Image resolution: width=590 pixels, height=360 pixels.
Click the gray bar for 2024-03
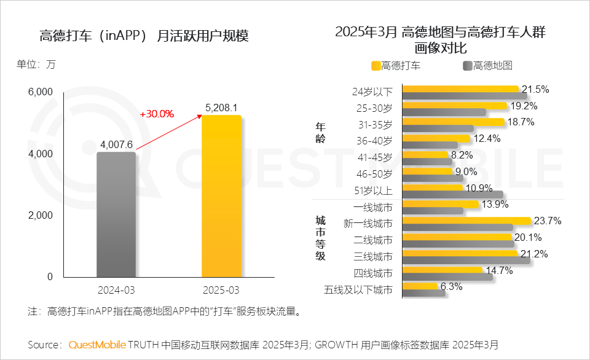[116, 215]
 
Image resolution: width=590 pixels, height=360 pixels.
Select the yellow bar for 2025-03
[221, 197]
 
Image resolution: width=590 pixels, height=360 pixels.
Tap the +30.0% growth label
[157, 114]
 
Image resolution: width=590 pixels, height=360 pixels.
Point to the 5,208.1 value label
[221, 107]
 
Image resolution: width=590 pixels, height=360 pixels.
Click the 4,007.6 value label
[116, 144]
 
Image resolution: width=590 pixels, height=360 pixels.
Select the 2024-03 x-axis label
[116, 289]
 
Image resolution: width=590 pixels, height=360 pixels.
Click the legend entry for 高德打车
[396, 66]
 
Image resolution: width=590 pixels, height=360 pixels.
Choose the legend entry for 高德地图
[487, 66]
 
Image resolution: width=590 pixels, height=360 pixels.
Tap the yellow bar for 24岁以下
[460, 88]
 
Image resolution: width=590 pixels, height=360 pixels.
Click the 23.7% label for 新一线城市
[548, 221]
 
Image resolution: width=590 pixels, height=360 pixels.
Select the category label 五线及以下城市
[358, 289]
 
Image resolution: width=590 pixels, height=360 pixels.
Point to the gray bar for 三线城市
[466, 260]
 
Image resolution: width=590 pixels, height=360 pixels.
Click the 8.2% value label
[462, 155]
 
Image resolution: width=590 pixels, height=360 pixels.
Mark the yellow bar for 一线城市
[440, 204]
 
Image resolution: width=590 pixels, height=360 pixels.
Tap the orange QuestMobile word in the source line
[97, 344]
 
